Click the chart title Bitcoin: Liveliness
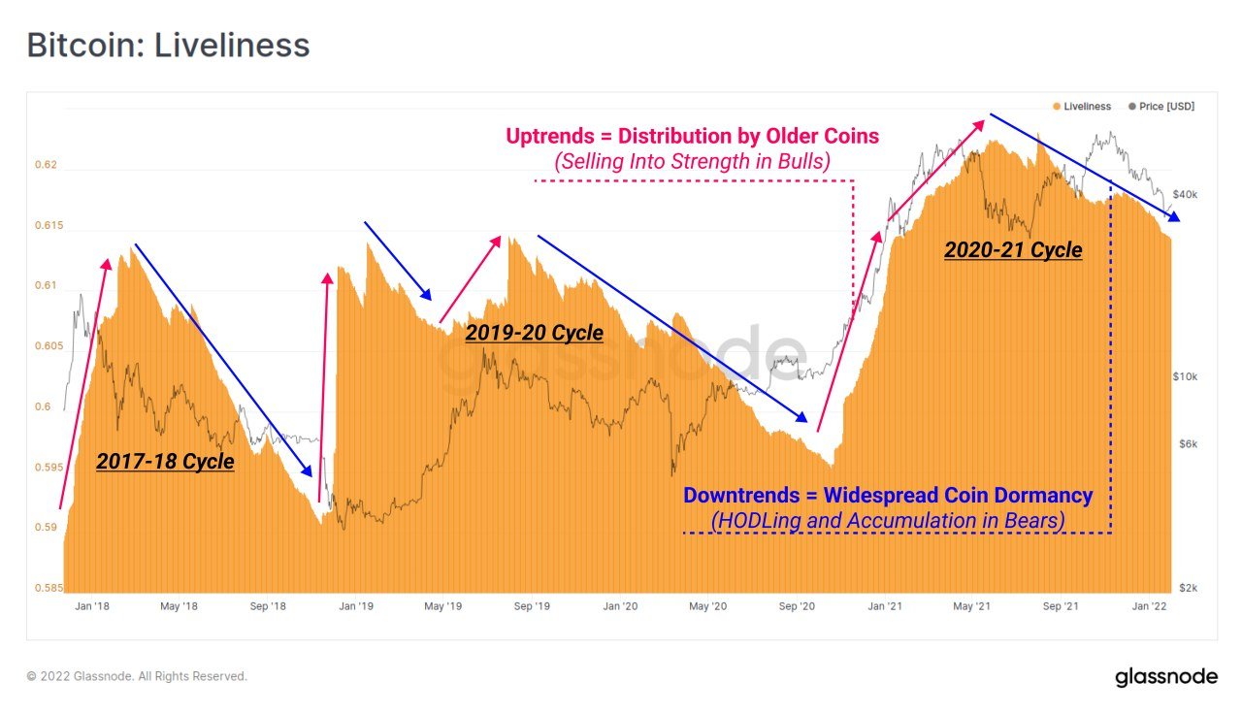click(x=168, y=46)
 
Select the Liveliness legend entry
click(x=1087, y=106)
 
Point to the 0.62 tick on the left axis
click(x=46, y=165)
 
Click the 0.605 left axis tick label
click(x=46, y=346)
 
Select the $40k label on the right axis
click(x=1185, y=194)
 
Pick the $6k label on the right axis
click(x=1188, y=444)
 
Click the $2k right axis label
click(x=1188, y=588)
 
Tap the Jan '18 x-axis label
click(x=90, y=606)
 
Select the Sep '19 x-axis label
click(x=532, y=606)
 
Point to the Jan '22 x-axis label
click(x=1151, y=606)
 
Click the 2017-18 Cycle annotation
click(x=165, y=461)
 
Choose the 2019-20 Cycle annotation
click(x=534, y=333)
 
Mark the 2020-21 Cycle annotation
click(x=1013, y=250)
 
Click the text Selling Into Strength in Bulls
click(x=693, y=162)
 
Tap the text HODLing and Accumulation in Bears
click(x=888, y=521)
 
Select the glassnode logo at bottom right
click(x=1165, y=676)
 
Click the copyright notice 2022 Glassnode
click(x=137, y=676)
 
